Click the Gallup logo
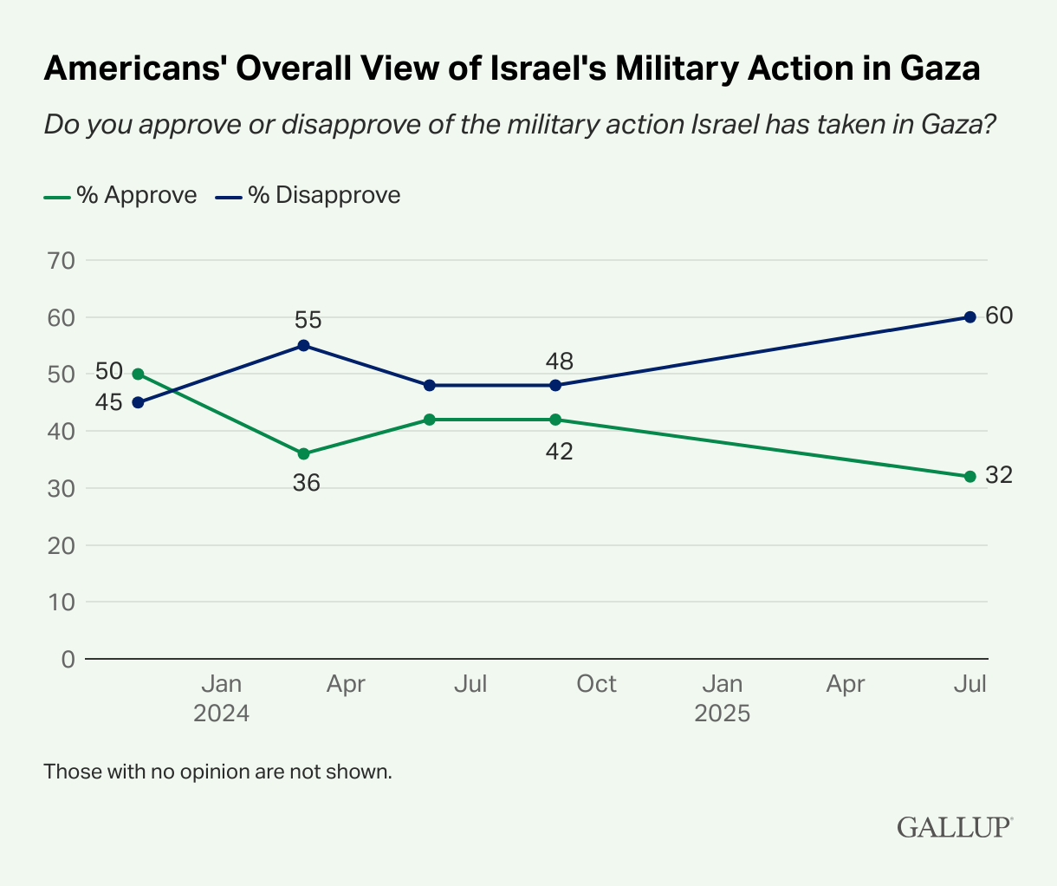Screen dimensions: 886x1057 [954, 826]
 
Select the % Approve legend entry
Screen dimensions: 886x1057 [120, 195]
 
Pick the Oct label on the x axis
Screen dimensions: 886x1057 [596, 684]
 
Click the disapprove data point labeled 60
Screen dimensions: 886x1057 [969, 316]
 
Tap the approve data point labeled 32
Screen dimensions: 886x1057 [969, 476]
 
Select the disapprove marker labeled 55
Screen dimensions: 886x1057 [303, 345]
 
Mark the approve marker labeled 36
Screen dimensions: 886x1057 [303, 453]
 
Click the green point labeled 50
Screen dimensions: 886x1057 [138, 374]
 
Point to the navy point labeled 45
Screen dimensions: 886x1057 [138, 402]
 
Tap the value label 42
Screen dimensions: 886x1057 [558, 452]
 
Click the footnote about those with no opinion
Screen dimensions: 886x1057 [217, 771]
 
